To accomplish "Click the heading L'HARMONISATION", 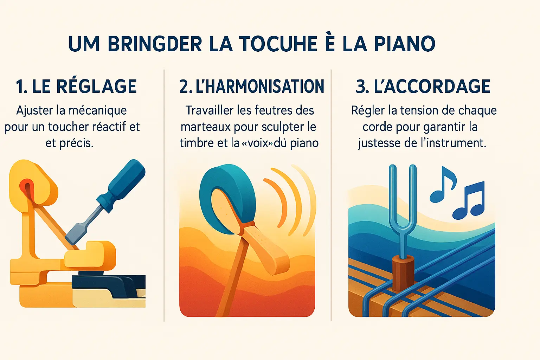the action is pyautogui.click(x=260, y=86).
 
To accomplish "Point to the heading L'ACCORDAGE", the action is pyautogui.click(x=432, y=86).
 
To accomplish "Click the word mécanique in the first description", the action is pyautogui.click(x=98, y=111).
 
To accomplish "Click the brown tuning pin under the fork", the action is pyautogui.click(x=403, y=273).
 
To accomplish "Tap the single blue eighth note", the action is pyautogui.click(x=443, y=185).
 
